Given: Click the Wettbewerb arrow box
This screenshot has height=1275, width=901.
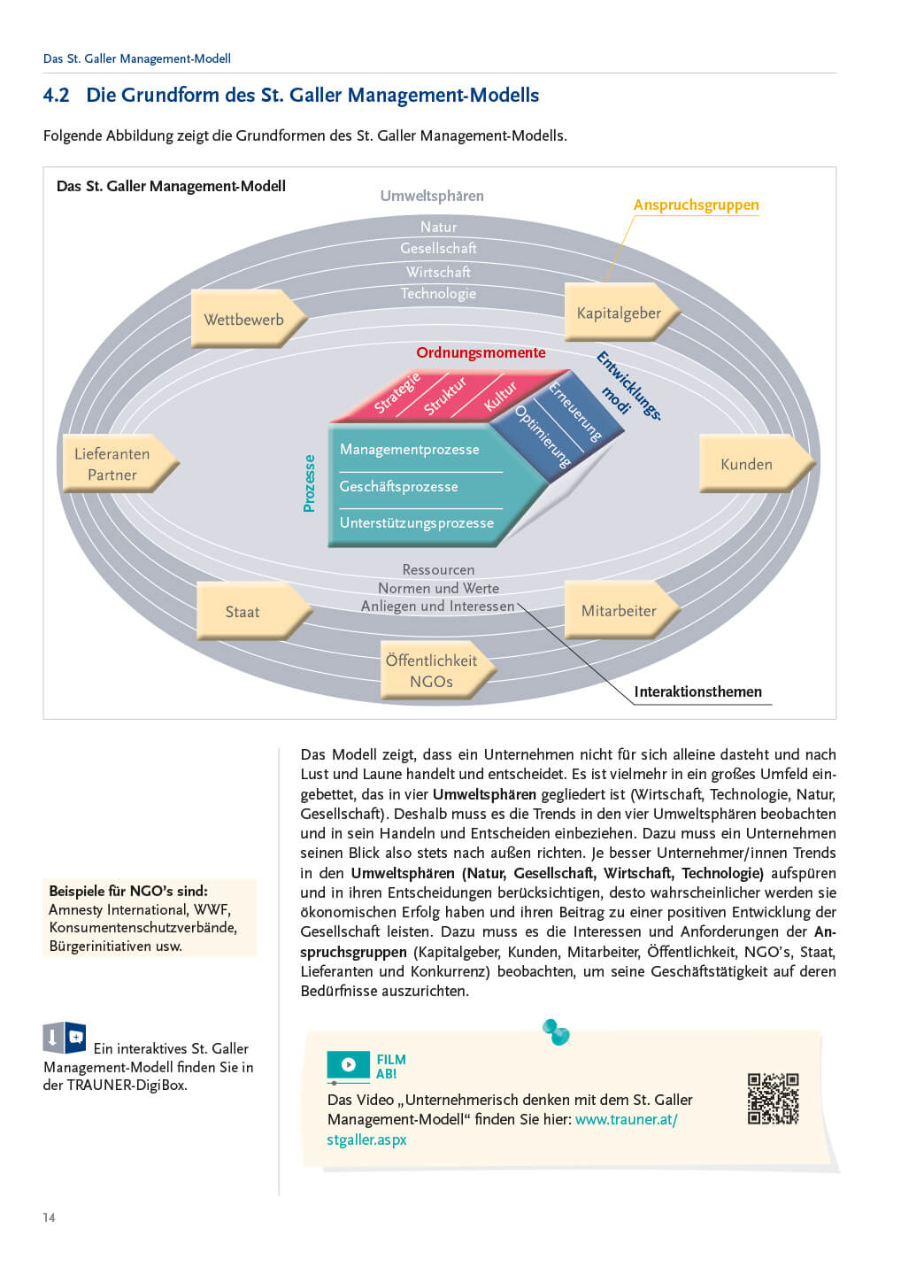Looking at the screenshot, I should point(245,320).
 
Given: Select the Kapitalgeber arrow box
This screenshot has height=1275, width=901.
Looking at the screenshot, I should point(620,313).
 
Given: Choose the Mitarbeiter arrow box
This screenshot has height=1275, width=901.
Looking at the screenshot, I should point(620,611).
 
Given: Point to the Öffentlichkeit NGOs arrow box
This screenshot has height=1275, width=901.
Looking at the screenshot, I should point(433,671).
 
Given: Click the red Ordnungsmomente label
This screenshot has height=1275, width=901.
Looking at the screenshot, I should point(481,352).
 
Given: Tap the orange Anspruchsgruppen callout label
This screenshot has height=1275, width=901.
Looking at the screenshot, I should point(696,205).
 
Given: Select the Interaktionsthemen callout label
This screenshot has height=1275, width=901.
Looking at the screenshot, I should point(697,692).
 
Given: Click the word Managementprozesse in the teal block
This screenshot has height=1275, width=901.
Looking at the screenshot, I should point(409,449).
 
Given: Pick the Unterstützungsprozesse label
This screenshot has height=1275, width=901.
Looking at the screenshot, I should point(416,522).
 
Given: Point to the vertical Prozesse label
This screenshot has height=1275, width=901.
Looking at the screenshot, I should point(309,483).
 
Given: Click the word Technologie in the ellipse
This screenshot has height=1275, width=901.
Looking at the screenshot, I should point(438,293).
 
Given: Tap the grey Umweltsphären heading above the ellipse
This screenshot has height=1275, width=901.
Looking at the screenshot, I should point(432,196).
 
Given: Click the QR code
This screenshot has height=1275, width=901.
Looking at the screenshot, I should point(773,1099).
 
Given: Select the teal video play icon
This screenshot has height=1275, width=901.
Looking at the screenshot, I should point(348,1064).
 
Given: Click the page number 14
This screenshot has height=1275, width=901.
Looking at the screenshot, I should point(49,1217).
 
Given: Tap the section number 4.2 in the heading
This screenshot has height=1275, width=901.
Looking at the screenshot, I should point(56,95).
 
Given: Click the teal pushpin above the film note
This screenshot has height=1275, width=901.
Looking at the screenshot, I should point(556,1032).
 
